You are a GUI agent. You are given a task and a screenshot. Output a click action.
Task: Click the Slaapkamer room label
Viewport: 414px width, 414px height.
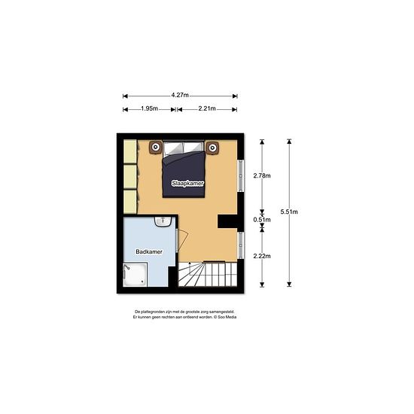187,183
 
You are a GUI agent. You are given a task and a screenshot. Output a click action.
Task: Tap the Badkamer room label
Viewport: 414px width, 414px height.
149,251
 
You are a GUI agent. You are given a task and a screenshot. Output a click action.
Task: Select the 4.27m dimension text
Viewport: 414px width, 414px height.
180,95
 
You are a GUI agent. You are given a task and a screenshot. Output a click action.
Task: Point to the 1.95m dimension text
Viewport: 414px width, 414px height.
150,108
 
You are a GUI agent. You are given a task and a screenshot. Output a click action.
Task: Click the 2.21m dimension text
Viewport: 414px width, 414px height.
207,108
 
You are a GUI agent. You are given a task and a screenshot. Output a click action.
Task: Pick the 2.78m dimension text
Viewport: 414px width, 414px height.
262,175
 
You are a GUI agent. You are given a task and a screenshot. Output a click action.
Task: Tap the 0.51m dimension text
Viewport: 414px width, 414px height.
262,220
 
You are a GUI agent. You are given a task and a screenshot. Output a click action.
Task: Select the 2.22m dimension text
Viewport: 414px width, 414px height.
262,256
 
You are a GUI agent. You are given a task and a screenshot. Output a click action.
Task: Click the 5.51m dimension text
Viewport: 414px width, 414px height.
289,212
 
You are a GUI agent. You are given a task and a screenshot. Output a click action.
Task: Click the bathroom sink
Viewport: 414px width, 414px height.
163,221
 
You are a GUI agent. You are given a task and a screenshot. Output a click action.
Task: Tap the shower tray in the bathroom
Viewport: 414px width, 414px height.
135,275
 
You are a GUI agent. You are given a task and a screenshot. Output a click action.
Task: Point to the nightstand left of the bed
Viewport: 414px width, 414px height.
156,148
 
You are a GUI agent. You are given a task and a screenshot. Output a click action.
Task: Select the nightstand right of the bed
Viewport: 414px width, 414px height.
212,148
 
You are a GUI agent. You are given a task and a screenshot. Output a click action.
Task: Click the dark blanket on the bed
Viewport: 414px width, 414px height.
184,175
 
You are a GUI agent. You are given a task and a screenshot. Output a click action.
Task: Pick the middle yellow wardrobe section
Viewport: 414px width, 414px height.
130,176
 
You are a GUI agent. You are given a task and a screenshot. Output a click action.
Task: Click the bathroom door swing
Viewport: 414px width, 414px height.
183,241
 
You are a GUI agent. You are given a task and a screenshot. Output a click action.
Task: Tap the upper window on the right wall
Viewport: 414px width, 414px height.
241,175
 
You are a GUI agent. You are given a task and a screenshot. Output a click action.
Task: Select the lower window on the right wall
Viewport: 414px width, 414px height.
241,245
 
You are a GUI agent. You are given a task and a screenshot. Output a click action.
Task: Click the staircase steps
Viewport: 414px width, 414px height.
208,274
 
